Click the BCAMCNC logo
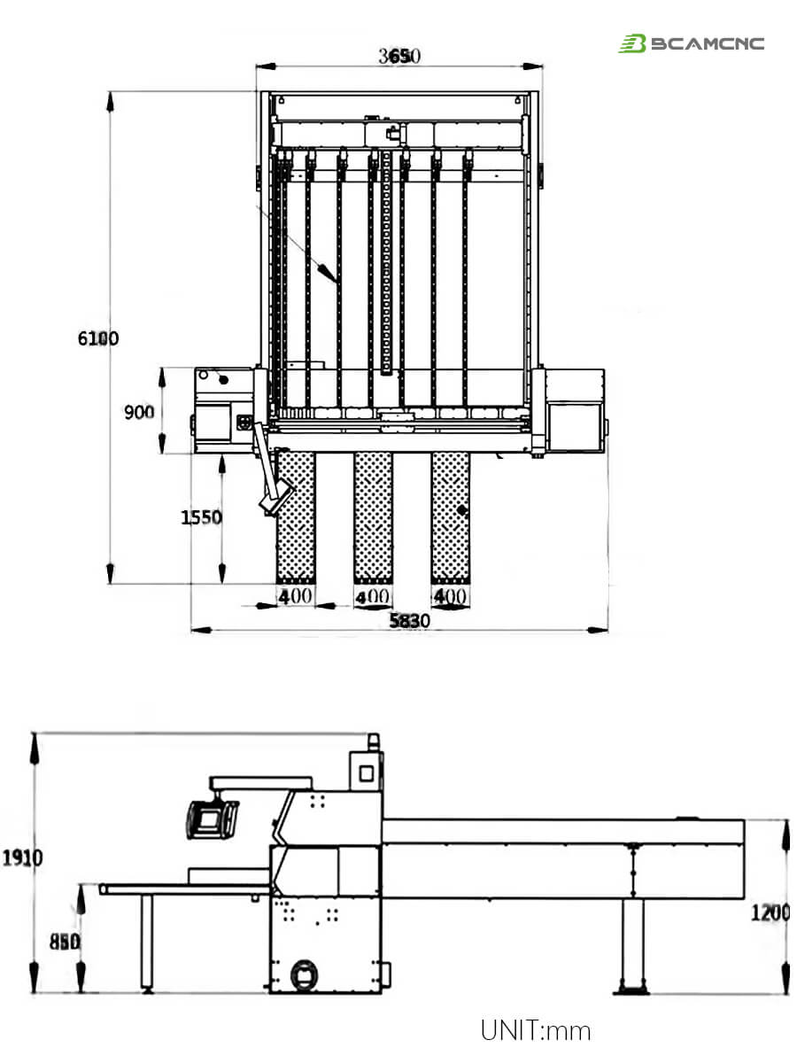point(691,43)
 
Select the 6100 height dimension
point(98,338)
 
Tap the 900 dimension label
point(139,413)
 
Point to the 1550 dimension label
point(201,517)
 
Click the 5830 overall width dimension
point(410,621)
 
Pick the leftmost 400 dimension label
point(296,596)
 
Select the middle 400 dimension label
point(373,597)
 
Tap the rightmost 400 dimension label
point(450,596)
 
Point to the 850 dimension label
point(64,943)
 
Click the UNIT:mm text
point(535,1030)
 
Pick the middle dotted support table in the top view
point(373,516)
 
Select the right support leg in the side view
point(632,946)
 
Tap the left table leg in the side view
point(147,943)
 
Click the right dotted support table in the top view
point(450,516)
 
